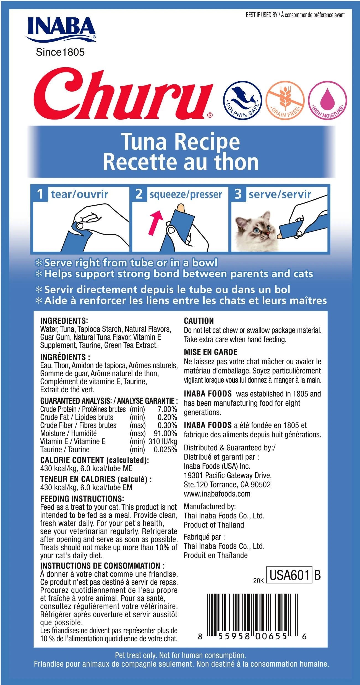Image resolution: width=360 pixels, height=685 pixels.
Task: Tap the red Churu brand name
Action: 123,94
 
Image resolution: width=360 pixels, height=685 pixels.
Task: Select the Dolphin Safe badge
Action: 242,100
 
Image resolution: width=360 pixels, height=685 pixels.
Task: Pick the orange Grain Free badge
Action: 285,100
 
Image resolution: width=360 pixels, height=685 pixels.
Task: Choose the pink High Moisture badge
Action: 328,100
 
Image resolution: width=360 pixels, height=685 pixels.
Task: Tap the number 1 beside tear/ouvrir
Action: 40,194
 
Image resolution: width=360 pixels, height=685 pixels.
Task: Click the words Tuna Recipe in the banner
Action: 181,142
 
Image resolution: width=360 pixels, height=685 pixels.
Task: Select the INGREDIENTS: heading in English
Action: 64,321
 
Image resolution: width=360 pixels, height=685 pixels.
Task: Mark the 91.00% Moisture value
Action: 165,433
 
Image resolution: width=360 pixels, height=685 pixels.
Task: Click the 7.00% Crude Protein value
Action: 167,409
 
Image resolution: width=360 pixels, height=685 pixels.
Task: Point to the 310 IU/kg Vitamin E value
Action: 163,441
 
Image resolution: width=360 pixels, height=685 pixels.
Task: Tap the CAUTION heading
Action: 199,321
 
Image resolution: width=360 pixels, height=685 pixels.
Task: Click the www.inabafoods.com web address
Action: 217,494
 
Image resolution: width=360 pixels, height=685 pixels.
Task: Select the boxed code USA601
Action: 289,575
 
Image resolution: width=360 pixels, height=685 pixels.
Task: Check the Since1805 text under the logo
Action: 60,52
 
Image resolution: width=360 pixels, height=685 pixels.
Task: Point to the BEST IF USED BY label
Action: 261,15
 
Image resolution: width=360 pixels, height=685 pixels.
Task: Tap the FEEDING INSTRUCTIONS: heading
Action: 82,499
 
